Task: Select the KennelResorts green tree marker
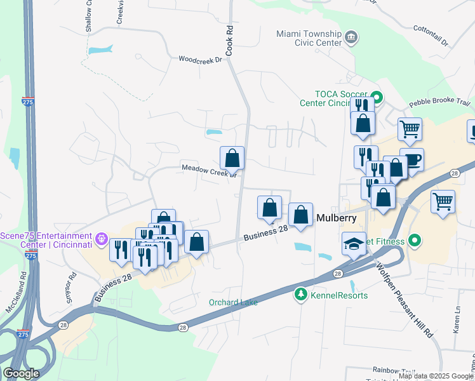pyautogui.click(x=300, y=294)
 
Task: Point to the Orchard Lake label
pyautogui.click(x=234, y=302)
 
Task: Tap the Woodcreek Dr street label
pyautogui.click(x=200, y=60)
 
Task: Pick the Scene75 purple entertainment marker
pyautogui.click(x=102, y=239)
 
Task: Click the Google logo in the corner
pyautogui.click(x=21, y=373)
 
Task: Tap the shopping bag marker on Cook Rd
pyautogui.click(x=232, y=157)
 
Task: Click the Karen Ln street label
pyautogui.click(x=456, y=321)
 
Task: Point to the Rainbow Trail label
pyautogui.click(x=394, y=370)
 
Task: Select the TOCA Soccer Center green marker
pyautogui.click(x=377, y=98)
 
